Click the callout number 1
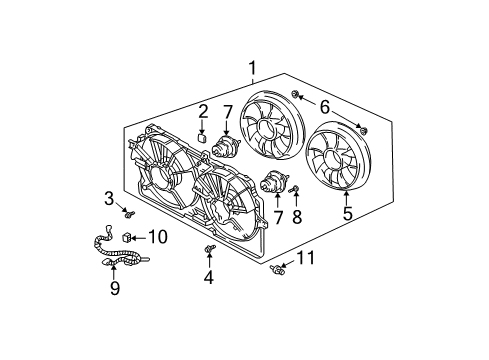coord(253,69)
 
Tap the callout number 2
coord(202,111)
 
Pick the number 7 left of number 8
coord(279,216)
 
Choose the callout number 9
coord(114,290)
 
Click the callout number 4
coord(209,277)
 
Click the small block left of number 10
coord(129,237)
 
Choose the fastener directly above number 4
coord(208,247)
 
